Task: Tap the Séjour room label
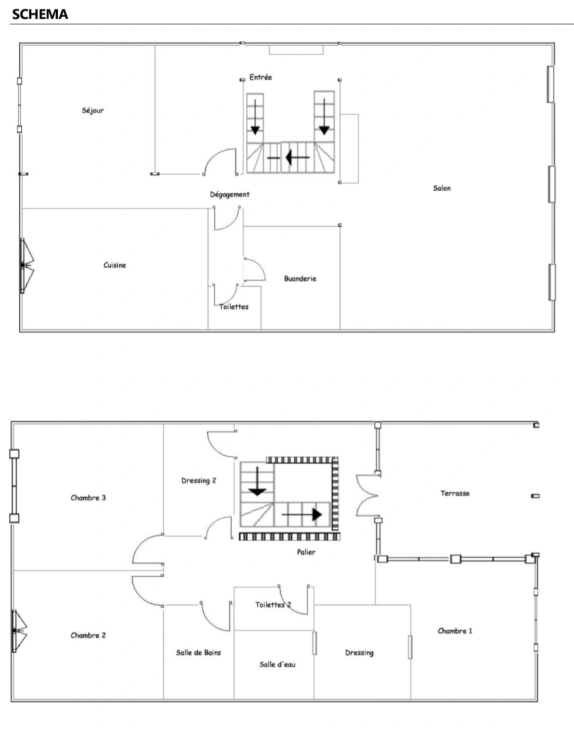pos(93,110)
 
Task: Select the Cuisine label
pos(115,265)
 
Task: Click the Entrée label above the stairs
pos(260,78)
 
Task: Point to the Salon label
pos(442,188)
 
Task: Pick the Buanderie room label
pos(300,278)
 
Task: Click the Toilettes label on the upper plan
pos(234,307)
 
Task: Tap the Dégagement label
pos(229,194)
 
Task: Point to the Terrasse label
pos(455,493)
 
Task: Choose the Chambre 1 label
pos(455,631)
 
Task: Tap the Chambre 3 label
pos(88,497)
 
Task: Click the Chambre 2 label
pos(88,635)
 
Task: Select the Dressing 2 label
pos(198,480)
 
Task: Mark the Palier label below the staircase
pos(306,552)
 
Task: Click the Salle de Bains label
pos(198,652)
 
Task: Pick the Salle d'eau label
pos(277,664)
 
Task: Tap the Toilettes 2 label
pos(273,604)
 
